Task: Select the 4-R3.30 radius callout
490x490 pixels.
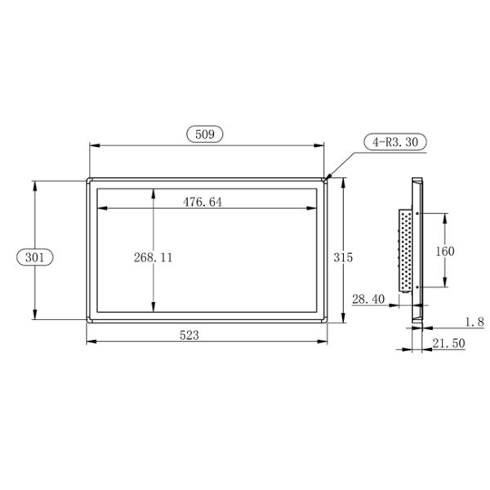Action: (x=395, y=142)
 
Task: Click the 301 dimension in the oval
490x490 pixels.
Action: (x=34, y=256)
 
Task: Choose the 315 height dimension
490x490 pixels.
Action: (x=343, y=256)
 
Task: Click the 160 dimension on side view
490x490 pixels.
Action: (x=445, y=251)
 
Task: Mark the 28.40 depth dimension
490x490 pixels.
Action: (x=367, y=300)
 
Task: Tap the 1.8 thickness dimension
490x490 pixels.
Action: (x=474, y=321)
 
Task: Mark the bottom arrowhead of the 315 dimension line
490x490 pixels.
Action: (x=343, y=320)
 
